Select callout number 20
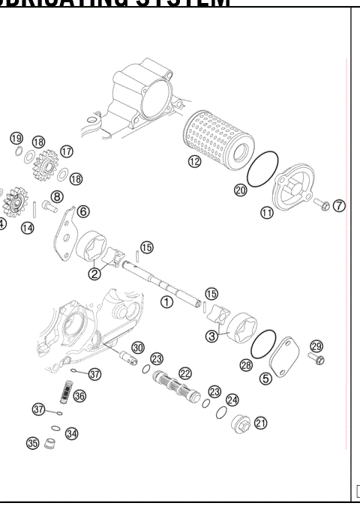pyautogui.click(x=240, y=190)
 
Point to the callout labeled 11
pyautogui.click(x=267, y=213)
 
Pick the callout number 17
pyautogui.click(x=67, y=151)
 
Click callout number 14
pyautogui.click(x=28, y=227)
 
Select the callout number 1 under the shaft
pyautogui.click(x=167, y=301)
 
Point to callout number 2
pyautogui.click(x=95, y=274)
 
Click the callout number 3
pyautogui.click(x=213, y=337)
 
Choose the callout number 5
pyautogui.click(x=265, y=379)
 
